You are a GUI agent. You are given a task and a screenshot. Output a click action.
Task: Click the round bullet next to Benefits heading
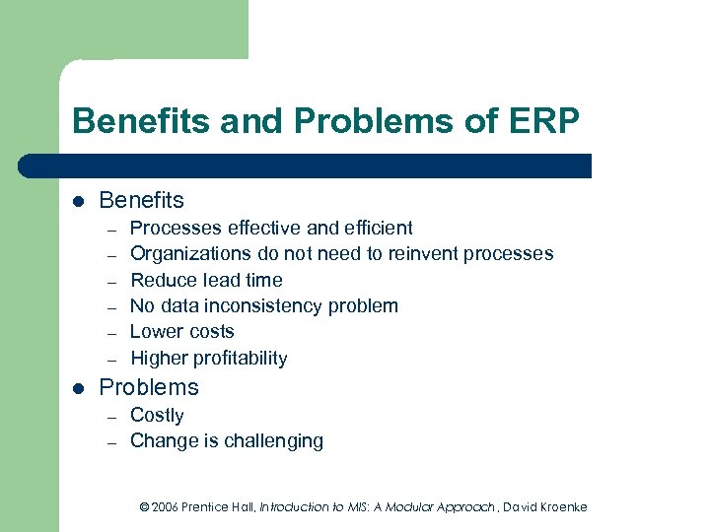78,202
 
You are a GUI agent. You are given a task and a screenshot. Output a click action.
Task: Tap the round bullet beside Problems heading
78,388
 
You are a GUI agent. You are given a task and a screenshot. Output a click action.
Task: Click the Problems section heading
149,387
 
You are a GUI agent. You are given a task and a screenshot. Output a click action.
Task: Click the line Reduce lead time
206,280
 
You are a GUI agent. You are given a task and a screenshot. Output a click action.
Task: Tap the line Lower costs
182,332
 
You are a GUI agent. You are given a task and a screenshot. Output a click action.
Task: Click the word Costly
157,415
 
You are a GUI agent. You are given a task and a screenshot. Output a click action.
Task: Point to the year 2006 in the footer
167,506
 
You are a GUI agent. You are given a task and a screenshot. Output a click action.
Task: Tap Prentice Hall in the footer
220,506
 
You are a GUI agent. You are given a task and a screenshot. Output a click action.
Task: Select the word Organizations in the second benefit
189,254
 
